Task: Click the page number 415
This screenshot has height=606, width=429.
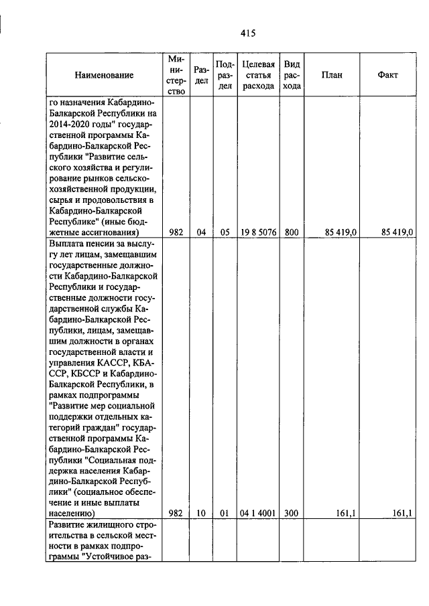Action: click(x=248, y=32)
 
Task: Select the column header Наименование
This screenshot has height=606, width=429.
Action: click(x=104, y=75)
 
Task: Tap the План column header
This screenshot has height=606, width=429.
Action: click(x=332, y=75)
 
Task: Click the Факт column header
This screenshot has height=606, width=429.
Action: click(x=388, y=75)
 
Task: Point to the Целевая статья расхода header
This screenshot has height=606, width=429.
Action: click(x=258, y=75)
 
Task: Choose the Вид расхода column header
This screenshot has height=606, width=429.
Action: click(x=292, y=75)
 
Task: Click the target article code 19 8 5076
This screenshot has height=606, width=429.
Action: click(x=258, y=232)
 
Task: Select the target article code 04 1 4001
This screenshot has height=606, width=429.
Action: click(x=258, y=513)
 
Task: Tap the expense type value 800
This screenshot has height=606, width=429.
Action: click(x=292, y=232)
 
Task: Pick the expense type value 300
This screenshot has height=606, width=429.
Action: click(x=292, y=513)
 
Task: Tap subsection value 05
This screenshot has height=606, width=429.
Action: click(x=225, y=232)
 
